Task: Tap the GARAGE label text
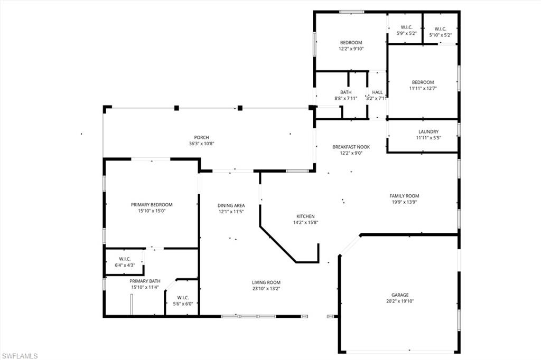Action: click(x=400, y=295)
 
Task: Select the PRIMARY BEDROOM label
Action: click(x=152, y=205)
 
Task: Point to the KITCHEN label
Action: click(x=305, y=216)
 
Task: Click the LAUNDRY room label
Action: click(x=428, y=132)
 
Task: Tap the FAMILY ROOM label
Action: click(x=404, y=196)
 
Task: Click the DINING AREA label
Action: click(x=230, y=205)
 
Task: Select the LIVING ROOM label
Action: click(x=266, y=282)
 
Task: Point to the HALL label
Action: click(x=377, y=92)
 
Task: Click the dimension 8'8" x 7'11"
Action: click(x=346, y=99)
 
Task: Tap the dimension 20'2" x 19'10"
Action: click(x=400, y=301)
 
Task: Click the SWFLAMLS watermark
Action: click(x=20, y=355)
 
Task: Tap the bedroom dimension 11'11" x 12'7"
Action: click(x=423, y=89)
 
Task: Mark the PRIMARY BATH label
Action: click(x=146, y=281)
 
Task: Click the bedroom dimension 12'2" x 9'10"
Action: click(x=351, y=49)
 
